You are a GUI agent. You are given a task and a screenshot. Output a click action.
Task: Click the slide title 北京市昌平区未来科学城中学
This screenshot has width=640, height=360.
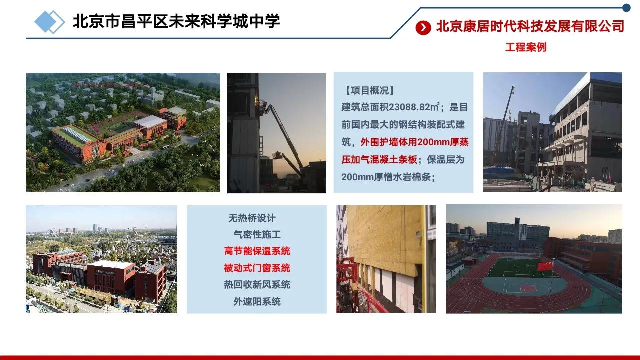click(x=176, y=21)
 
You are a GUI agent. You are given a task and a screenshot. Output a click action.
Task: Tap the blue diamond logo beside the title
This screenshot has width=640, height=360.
click(x=49, y=22)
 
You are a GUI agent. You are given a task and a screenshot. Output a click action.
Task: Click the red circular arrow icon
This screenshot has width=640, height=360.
click(x=423, y=28)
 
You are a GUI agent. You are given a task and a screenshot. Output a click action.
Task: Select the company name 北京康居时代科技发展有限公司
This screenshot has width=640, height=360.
click(x=530, y=26)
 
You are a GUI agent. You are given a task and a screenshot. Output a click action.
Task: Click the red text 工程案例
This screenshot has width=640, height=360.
click(x=525, y=47)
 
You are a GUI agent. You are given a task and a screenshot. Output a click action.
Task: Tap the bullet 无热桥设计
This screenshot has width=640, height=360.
click(x=252, y=218)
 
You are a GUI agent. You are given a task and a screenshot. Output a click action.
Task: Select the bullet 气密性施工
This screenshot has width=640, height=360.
click(x=257, y=234)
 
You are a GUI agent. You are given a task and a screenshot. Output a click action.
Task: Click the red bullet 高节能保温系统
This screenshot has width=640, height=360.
click(x=257, y=251)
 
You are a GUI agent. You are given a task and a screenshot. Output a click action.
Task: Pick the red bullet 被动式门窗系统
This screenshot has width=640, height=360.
click(x=257, y=268)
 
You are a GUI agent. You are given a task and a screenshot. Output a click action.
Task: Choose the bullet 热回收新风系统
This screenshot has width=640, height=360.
click(x=257, y=284)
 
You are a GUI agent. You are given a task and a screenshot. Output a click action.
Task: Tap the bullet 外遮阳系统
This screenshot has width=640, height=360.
click(x=257, y=301)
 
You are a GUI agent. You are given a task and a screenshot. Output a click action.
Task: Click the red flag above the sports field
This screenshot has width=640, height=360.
click(x=545, y=266)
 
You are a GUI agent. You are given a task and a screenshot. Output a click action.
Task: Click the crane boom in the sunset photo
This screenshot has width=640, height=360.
click(x=287, y=140)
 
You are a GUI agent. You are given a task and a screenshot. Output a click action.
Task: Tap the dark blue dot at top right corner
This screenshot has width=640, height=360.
click(x=626, y=7)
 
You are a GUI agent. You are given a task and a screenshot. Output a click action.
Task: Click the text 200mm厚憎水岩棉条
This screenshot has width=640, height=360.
click(x=388, y=177)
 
